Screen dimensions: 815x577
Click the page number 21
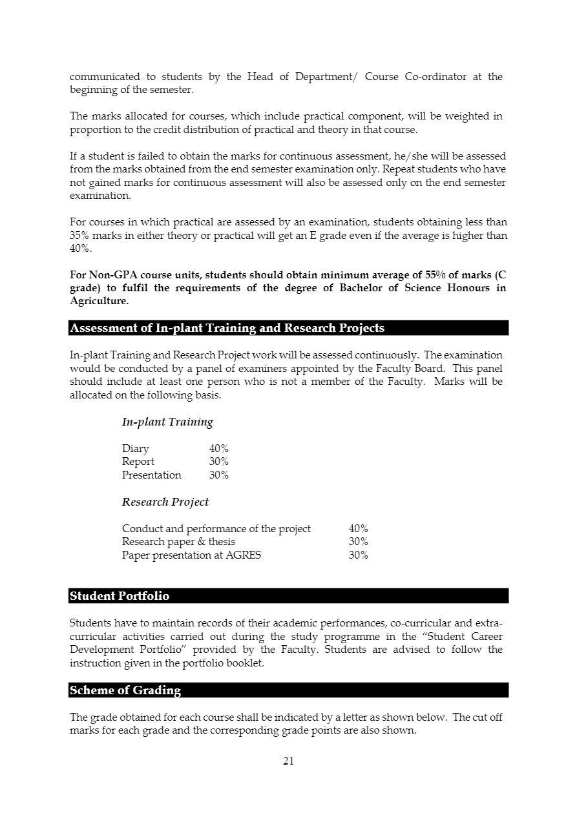pos(288,761)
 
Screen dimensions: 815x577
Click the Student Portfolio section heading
pos(120,596)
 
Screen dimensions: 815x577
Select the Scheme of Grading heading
pos(125,690)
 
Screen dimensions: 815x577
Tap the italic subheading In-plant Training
pos(167,422)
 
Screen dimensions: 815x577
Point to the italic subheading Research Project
pos(165,502)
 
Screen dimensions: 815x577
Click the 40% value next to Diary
pos(218,449)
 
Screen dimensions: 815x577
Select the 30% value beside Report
pos(218,462)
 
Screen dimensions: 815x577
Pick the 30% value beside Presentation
pos(218,475)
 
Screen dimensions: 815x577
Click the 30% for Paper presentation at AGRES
pos(358,555)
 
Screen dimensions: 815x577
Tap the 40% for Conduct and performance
pos(358,529)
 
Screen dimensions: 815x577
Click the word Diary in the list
pos(135,449)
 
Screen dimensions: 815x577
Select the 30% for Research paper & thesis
pos(358,542)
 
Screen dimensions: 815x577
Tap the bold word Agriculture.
pos(99,301)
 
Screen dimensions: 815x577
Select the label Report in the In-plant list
pos(138,462)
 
